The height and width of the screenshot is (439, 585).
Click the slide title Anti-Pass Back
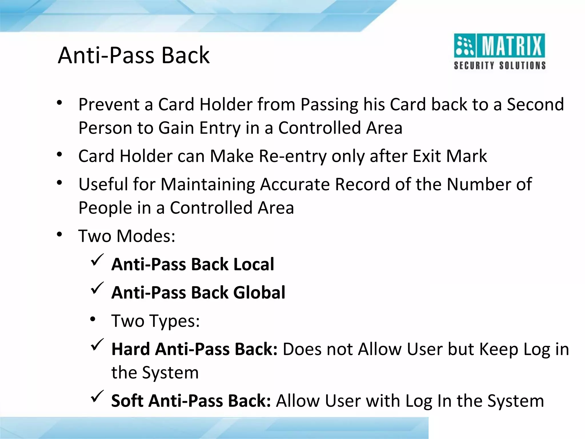(134, 55)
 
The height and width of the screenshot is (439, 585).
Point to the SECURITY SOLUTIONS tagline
(500, 65)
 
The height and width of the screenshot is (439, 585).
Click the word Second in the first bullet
(535, 104)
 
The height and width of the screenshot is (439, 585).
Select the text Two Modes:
(127, 236)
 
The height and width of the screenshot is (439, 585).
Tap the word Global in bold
(259, 292)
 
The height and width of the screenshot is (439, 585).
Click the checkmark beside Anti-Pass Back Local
(97, 260)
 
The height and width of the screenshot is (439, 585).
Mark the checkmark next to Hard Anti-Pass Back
(97, 345)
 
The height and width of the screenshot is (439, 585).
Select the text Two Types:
(155, 321)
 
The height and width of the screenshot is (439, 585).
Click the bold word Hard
(130, 349)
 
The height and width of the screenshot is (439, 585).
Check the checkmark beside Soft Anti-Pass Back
(97, 396)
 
